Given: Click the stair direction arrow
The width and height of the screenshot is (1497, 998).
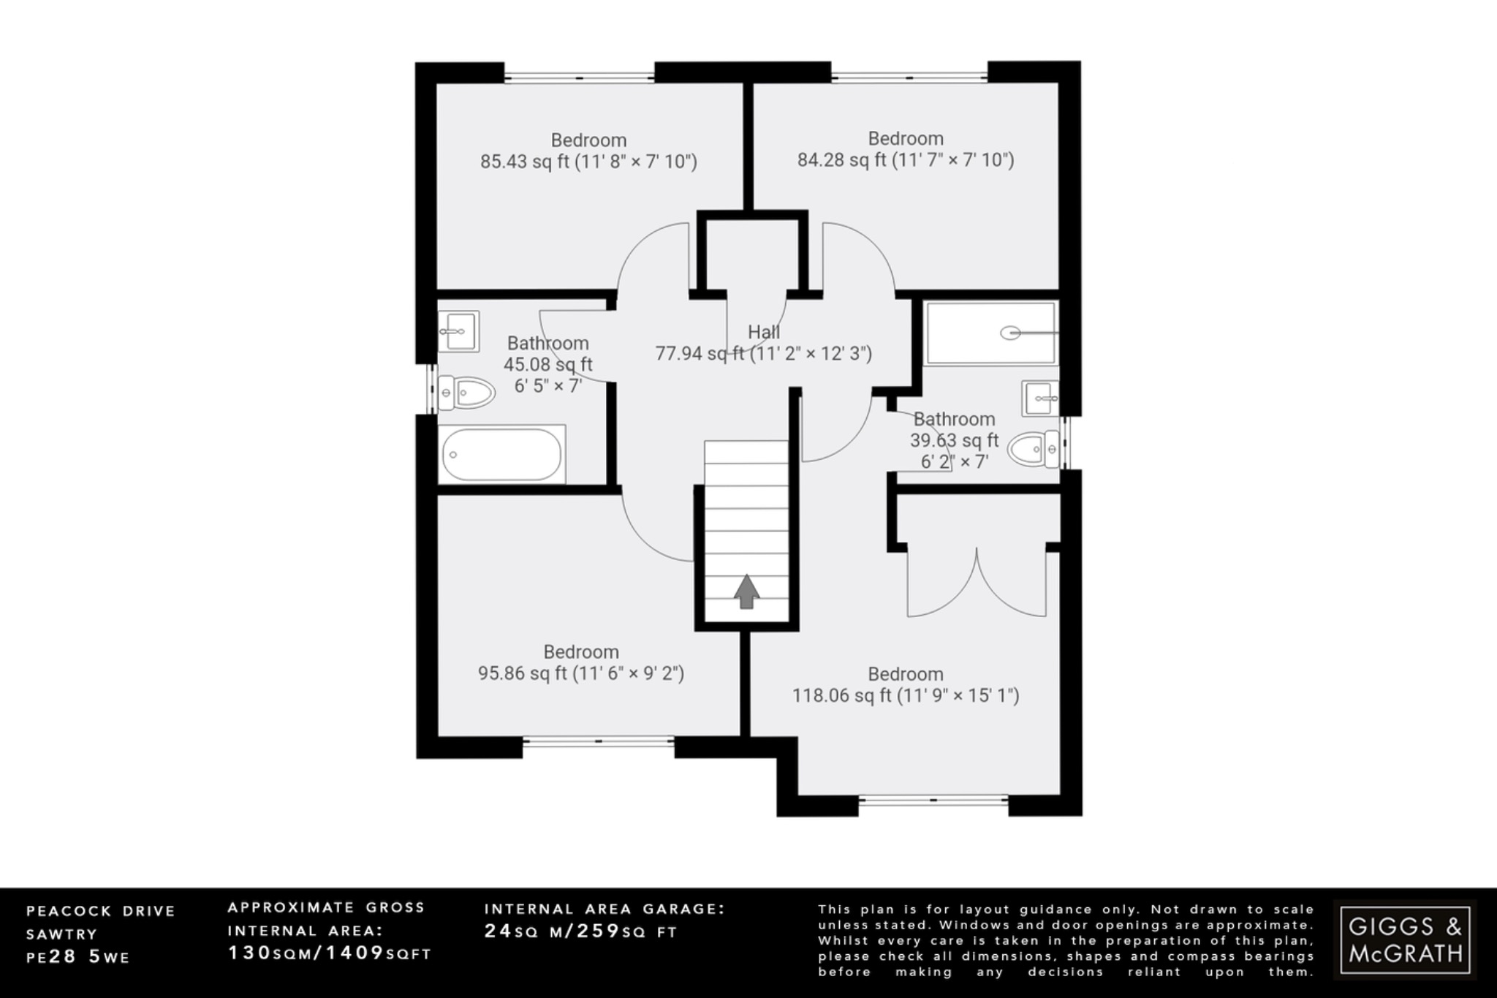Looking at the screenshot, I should tap(746, 591).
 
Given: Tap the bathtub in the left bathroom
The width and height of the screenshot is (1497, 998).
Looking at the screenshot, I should tap(501, 455).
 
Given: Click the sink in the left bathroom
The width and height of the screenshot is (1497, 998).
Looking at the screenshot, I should tap(458, 331).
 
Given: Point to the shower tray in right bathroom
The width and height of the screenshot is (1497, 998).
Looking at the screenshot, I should tap(990, 333).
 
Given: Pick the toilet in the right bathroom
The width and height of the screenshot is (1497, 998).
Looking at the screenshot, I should tap(1033, 448).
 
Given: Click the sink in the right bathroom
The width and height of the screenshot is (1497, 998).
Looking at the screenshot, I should tap(1039, 398).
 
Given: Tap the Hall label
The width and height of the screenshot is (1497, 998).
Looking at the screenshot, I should tap(763, 332).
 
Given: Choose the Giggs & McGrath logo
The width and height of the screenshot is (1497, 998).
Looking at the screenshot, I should tap(1404, 940).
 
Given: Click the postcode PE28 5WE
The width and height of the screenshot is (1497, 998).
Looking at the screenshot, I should tap(78, 957).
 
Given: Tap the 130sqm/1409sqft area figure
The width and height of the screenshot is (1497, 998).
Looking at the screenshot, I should tap(330, 953).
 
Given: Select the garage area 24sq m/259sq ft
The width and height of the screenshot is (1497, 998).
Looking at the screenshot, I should tap(581, 932).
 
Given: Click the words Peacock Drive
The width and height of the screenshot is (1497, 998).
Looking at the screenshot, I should tap(101, 912).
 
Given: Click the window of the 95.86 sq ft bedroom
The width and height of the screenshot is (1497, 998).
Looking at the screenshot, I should tap(598, 741).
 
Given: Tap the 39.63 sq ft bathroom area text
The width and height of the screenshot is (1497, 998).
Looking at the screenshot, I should tap(954, 440).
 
